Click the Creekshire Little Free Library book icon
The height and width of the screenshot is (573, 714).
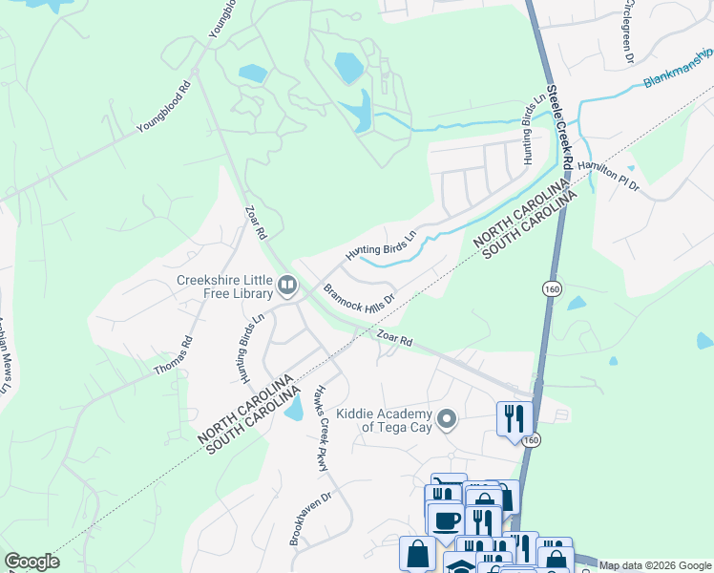(x=286, y=285)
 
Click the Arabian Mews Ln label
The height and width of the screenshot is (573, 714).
(x=4, y=354)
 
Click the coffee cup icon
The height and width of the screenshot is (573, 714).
(x=445, y=521)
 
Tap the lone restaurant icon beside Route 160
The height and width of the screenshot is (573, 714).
(x=514, y=417)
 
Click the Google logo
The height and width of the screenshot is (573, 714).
(x=31, y=562)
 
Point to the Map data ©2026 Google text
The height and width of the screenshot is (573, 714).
(x=654, y=565)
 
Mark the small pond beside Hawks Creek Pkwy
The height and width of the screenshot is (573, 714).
(x=294, y=408)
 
